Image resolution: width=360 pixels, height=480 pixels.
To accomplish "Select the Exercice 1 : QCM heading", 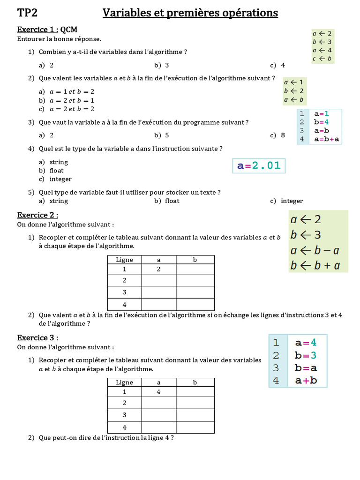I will coord(47,30).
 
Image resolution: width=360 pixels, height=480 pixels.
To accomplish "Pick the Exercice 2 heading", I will coord(37,215).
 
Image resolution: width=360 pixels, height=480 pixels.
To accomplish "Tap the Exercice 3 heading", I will coord(37,337).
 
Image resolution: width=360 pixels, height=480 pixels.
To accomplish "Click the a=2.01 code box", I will coord(259,166).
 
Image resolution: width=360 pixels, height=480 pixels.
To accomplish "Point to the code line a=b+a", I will coord(327,139).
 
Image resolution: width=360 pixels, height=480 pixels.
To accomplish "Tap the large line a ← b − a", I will coord(315,250).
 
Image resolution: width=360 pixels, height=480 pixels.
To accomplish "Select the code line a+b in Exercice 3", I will coord(306,381).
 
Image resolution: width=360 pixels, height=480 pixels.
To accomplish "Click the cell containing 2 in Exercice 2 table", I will coord(158,269).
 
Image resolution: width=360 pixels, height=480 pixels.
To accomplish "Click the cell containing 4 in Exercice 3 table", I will coord(158,392).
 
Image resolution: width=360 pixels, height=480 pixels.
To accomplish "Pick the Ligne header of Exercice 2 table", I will coord(124,260).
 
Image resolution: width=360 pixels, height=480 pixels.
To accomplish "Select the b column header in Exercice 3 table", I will coord(195,382).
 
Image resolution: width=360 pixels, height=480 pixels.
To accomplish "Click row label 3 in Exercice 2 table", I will coord(124,292).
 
